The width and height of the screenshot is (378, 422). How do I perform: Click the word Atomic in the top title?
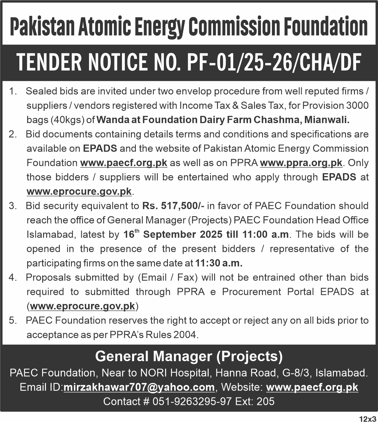click(x=103, y=26)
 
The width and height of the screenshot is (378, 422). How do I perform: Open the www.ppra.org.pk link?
click(x=301, y=163)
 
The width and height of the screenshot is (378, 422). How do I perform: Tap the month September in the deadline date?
click(x=183, y=234)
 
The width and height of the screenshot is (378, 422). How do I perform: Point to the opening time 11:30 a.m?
click(x=219, y=263)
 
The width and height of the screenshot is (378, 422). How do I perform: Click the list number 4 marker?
click(x=12, y=278)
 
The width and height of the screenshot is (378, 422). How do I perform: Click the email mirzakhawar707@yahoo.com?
click(x=139, y=387)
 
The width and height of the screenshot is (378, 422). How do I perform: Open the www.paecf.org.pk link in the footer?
click(x=312, y=387)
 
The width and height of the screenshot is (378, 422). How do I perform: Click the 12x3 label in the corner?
click(x=367, y=418)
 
